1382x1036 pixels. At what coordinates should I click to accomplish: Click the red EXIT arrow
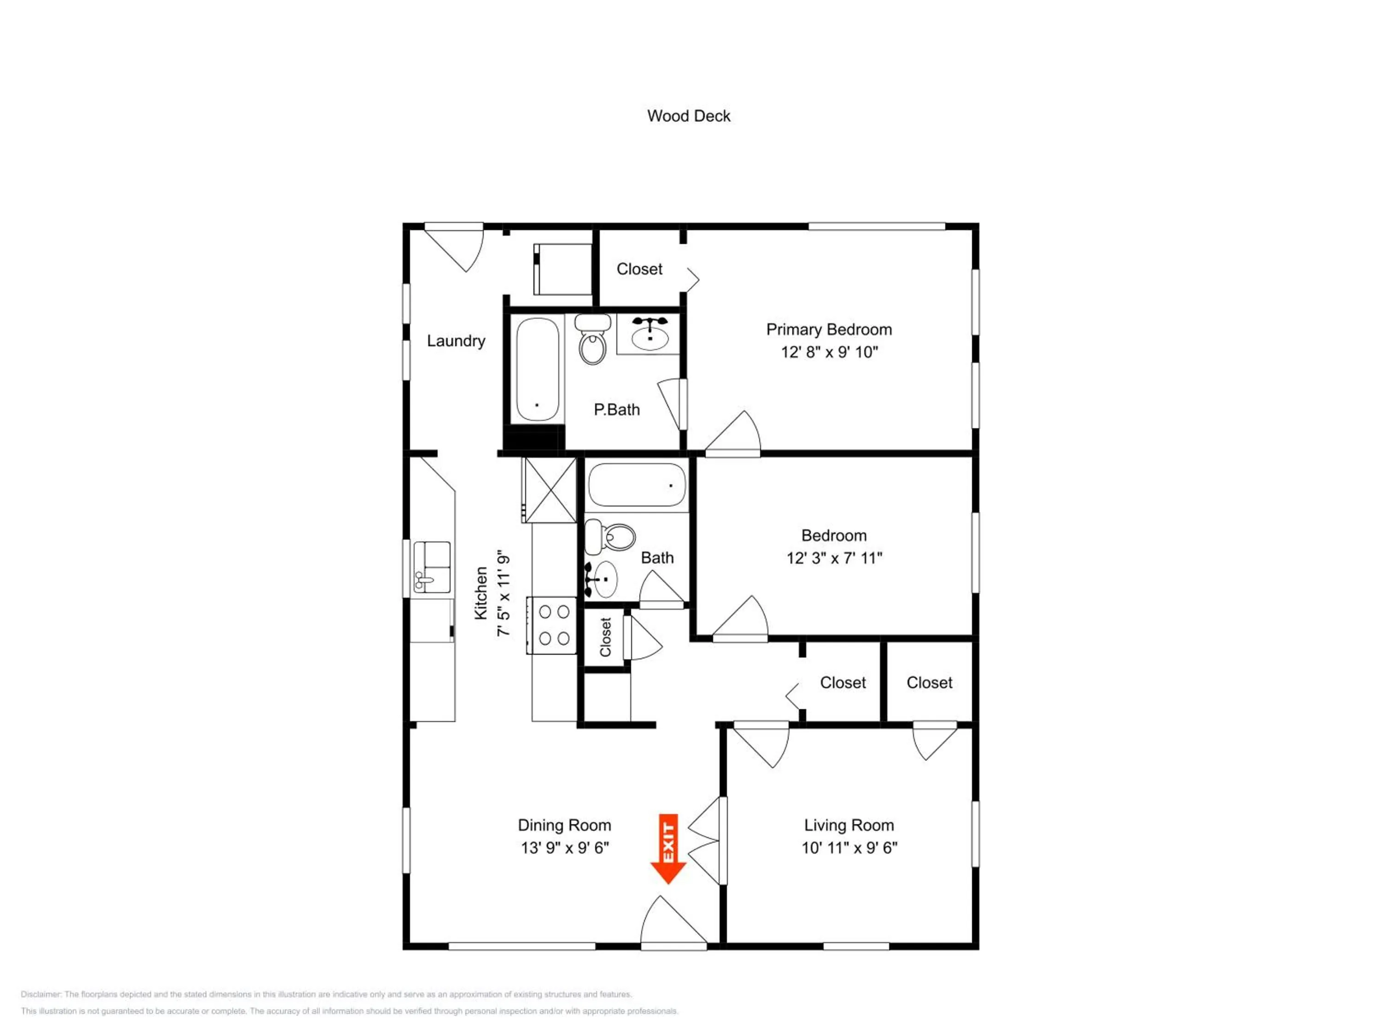pos(668,849)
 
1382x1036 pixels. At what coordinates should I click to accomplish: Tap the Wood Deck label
pos(689,116)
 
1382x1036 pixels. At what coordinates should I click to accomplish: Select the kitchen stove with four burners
pos(551,626)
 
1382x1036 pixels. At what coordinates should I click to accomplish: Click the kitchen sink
pos(432,567)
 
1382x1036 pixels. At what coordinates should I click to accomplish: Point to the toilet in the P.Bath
pos(593,339)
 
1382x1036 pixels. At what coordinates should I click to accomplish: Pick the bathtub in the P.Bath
pos(537,370)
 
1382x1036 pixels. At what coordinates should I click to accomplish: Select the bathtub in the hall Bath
pos(637,484)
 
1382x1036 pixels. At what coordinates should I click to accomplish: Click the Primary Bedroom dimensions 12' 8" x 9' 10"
pos(829,352)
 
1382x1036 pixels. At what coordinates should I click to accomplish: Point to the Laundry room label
pos(456,341)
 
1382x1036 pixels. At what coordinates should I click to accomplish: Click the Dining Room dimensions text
pos(565,847)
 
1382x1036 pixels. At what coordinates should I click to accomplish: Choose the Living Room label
pos(849,826)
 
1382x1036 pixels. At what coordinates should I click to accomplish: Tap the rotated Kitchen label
pos(480,593)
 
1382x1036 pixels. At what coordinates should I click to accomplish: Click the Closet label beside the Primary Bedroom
pos(639,269)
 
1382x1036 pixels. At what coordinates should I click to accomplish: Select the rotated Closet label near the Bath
pos(605,637)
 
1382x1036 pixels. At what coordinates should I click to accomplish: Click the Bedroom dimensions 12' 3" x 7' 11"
pos(834,558)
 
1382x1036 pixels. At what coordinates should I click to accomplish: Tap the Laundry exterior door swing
pos(454,247)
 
